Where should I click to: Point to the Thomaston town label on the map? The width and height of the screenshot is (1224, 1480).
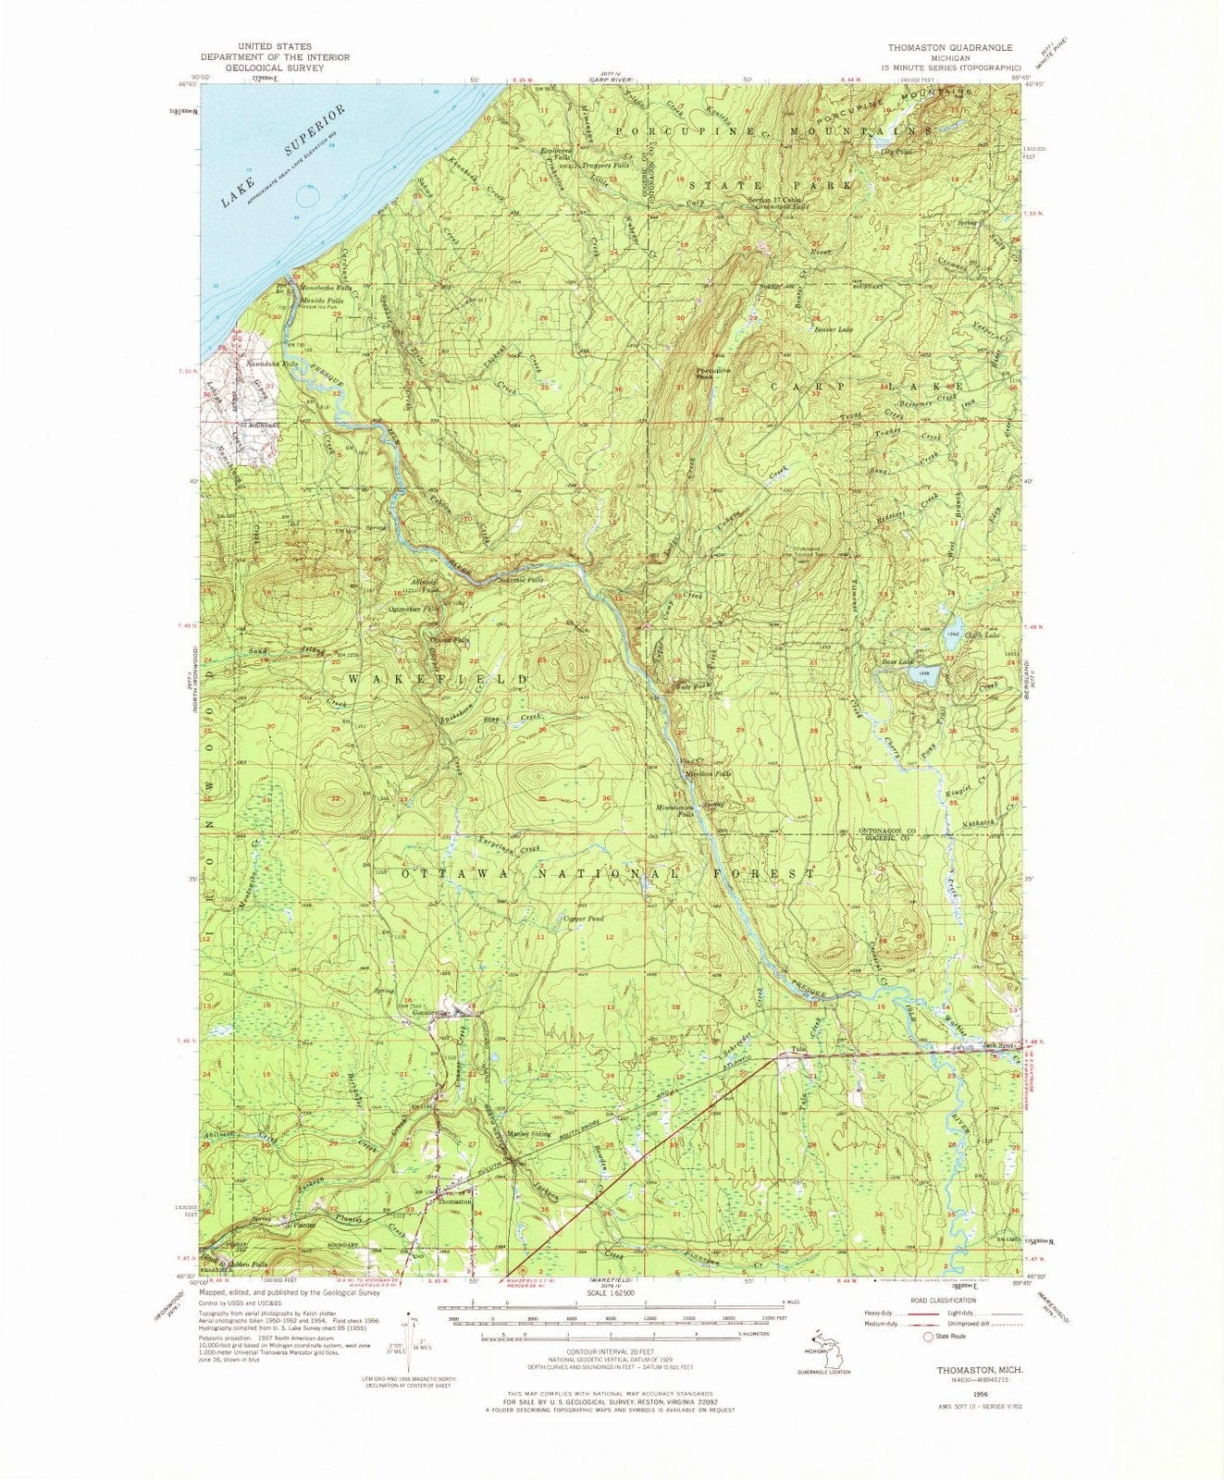coord(455,1201)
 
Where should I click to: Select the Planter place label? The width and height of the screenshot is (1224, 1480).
coord(305,1225)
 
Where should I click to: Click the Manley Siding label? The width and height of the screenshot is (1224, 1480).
coord(529,1134)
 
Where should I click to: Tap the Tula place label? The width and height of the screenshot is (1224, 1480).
coord(798,1050)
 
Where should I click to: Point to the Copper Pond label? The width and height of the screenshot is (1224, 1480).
coord(584,919)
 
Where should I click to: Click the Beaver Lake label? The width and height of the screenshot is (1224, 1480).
coord(833,328)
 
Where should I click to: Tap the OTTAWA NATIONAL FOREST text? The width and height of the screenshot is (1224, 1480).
coord(609,872)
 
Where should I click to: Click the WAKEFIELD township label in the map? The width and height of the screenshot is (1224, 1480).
coord(439,679)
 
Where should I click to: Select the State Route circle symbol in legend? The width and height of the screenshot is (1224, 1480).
coord(928,1336)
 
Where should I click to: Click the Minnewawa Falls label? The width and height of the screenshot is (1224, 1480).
coord(674,810)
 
